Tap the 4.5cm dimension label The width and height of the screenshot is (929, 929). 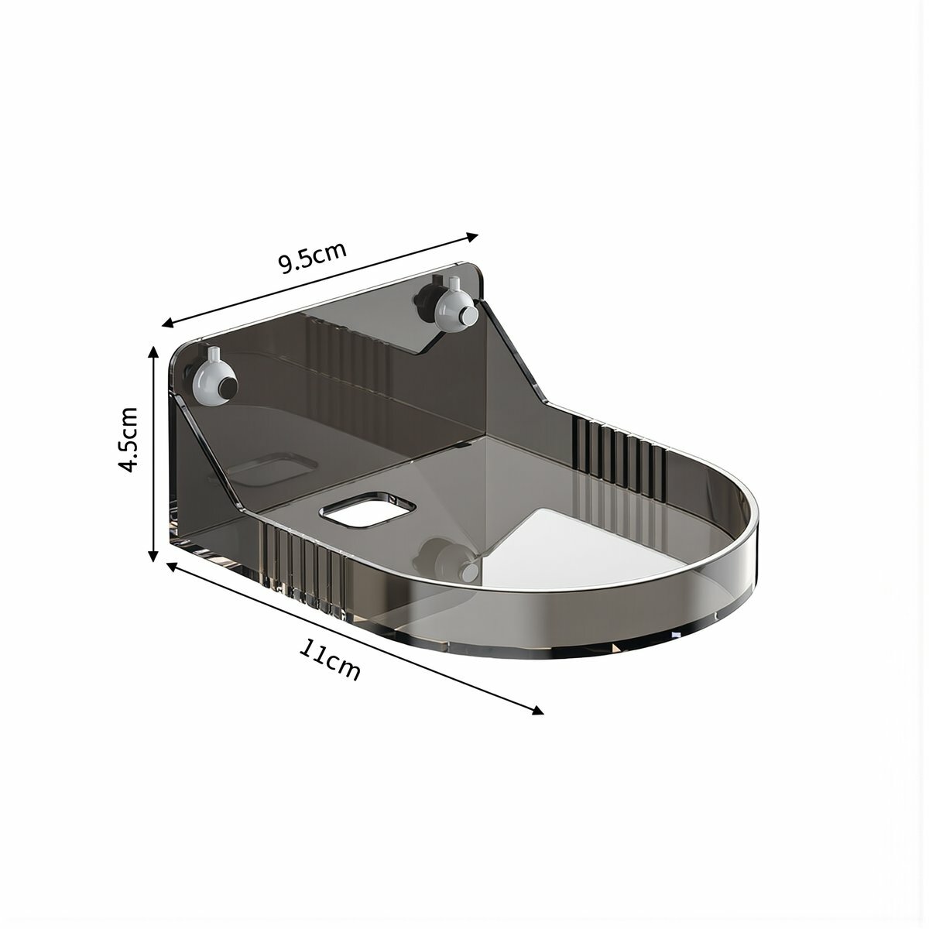[x=129, y=440]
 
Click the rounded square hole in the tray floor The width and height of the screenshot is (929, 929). [x=369, y=509]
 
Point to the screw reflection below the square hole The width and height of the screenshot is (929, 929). [x=447, y=559]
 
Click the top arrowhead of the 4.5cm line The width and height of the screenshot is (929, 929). [x=153, y=352]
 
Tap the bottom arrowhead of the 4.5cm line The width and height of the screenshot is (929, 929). [x=153, y=555]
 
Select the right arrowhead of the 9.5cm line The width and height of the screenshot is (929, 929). [x=471, y=236]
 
